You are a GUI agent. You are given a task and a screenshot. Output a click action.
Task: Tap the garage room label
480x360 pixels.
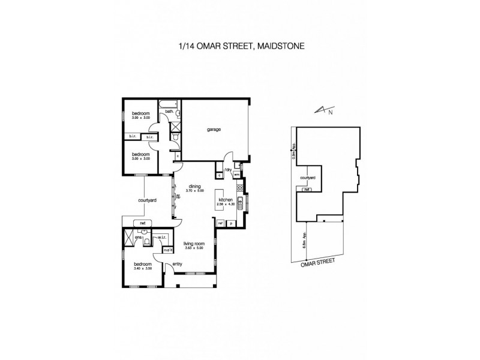(214, 130)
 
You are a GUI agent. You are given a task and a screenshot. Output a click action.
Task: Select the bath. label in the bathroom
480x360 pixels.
(169, 112)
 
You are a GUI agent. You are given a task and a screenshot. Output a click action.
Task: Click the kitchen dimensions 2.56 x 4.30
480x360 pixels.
(226, 205)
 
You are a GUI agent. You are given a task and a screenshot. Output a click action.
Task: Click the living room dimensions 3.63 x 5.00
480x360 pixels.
(193, 248)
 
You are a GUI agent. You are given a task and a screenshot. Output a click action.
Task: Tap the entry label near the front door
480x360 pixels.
(177, 265)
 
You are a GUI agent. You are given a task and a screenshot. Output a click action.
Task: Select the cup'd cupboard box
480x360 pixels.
(168, 250)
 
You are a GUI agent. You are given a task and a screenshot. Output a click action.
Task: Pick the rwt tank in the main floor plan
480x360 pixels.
(143, 223)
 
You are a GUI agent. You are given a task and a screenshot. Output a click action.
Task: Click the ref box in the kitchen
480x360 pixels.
(221, 223)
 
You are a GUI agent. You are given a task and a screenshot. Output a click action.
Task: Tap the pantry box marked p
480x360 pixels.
(231, 223)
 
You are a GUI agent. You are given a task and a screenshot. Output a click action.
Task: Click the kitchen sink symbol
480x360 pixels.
(239, 203)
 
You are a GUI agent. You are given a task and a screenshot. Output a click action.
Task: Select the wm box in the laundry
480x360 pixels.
(237, 175)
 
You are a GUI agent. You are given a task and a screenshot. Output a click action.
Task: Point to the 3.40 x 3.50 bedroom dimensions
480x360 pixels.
(142, 268)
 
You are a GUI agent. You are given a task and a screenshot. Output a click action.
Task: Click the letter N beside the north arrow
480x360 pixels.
(329, 110)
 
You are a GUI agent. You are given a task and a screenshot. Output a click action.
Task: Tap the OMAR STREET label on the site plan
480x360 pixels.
(318, 262)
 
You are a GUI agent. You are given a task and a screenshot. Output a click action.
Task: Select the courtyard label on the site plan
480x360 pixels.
(307, 178)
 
